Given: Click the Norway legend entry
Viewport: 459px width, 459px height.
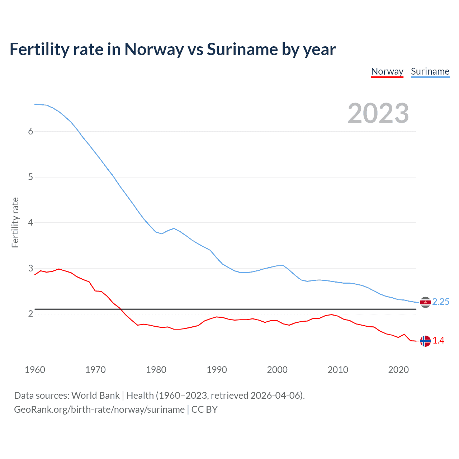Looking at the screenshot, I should coord(387,71).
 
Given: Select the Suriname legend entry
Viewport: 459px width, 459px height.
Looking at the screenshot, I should coord(430,71).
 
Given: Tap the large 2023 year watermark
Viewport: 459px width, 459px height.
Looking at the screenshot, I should coord(378,113).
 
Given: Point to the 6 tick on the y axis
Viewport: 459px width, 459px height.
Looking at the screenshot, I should coord(30,132).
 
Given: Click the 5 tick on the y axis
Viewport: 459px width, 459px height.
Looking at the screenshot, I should coord(30,177).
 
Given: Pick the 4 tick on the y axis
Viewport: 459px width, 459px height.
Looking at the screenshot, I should coord(30,223).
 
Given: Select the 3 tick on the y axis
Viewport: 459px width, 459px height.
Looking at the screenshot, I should coord(30,268).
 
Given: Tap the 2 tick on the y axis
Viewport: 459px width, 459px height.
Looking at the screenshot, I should coord(30,314).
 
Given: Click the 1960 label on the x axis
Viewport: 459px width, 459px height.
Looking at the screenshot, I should coord(35,370).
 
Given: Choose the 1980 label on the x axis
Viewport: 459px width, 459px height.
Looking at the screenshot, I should coord(156,370).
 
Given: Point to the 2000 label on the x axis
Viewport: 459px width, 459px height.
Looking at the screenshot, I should coord(277,370).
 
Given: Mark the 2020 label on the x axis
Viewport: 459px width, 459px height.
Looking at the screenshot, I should coord(398,370).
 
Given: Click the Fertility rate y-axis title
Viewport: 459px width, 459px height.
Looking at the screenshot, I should coord(15,222).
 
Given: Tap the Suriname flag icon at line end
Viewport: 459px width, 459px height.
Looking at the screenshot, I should coord(425,302).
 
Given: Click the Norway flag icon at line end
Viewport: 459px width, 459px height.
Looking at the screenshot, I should coord(425,341).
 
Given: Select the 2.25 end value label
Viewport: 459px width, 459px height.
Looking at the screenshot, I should coord(441,302).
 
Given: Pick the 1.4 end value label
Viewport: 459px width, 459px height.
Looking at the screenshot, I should coord(438,341).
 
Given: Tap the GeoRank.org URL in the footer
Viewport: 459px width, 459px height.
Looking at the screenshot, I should coord(99,410).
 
